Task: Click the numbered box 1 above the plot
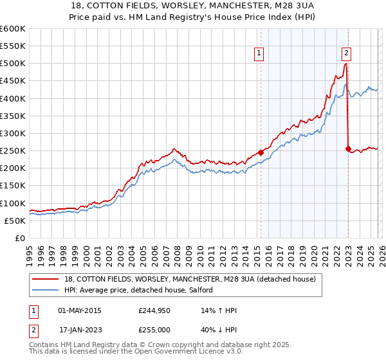[x=259, y=54]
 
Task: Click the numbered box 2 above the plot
[x=346, y=54]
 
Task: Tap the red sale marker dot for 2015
[x=261, y=152]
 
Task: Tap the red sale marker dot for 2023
[x=348, y=149]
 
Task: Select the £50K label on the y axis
[x=15, y=221]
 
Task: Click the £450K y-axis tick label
[x=13, y=81]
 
